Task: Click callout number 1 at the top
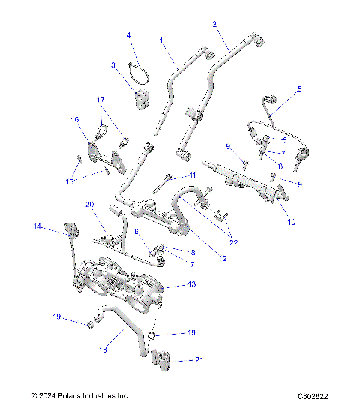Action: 160,39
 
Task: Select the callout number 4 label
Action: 128,35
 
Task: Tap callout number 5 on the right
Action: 300,88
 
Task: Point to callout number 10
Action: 292,223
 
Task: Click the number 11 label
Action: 192,175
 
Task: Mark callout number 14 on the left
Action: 37,225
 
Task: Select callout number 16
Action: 74,120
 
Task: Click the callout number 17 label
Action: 100,99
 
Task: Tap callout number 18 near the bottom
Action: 103,349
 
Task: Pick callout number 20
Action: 89,204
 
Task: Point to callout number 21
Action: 199,361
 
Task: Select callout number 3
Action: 113,66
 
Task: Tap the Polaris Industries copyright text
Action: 80,395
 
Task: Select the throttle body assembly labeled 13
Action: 124,285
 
